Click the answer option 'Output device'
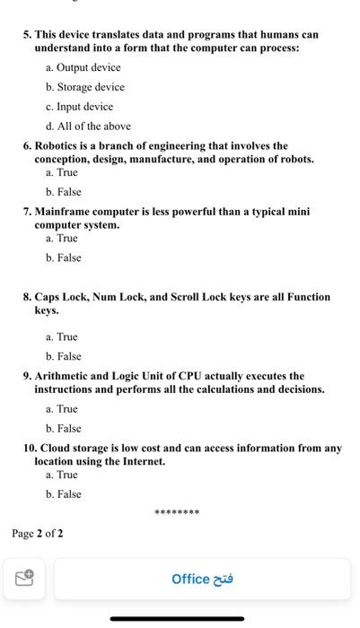click(x=88, y=67)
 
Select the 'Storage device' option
click(x=90, y=87)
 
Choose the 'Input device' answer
click(x=84, y=107)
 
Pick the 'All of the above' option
click(x=93, y=126)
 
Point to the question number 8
click(x=28, y=297)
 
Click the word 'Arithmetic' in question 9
click(x=69, y=376)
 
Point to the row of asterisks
click(x=177, y=513)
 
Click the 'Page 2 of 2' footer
click(x=38, y=534)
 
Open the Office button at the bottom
click(x=202, y=579)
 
